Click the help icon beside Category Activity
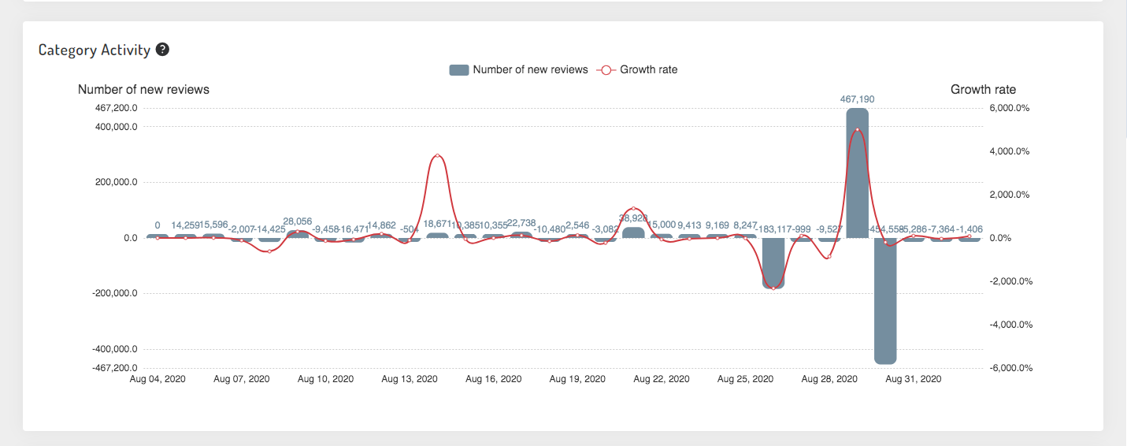pyautogui.click(x=162, y=50)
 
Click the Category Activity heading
pyautogui.click(x=94, y=50)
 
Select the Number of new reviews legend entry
pyautogui.click(x=519, y=69)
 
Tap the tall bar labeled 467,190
pyautogui.click(x=858, y=173)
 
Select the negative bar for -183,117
pyautogui.click(x=773, y=264)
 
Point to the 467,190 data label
pyautogui.click(x=858, y=99)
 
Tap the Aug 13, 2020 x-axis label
pyautogui.click(x=409, y=379)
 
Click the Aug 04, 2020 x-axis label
pyautogui.click(x=158, y=379)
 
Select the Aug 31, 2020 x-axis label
pyautogui.click(x=913, y=379)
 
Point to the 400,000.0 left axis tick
pyautogui.click(x=116, y=127)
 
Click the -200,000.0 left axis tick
pyautogui.click(x=114, y=293)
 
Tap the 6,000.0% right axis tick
pyautogui.click(x=1008, y=108)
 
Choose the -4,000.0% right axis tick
pyautogui.click(x=1007, y=325)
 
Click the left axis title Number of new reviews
pyautogui.click(x=143, y=90)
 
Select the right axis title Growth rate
pyautogui.click(x=983, y=90)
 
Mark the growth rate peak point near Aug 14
pyautogui.click(x=437, y=156)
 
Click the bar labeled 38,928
pyautogui.click(x=633, y=233)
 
